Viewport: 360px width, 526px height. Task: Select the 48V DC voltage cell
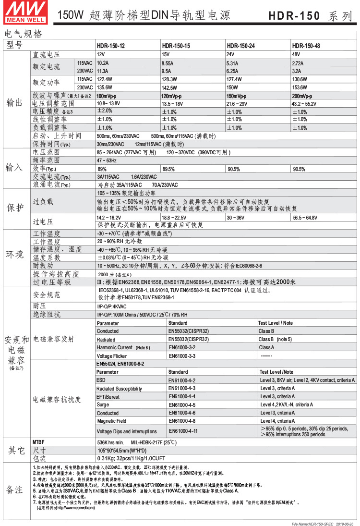[296, 54]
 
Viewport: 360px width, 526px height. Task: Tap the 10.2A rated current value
[103, 63]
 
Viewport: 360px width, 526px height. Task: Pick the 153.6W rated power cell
[300, 87]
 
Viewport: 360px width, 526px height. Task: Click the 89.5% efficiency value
[168, 169]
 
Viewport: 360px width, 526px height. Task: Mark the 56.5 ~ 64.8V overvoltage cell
[305, 218]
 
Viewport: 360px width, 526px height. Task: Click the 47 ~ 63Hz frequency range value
[107, 160]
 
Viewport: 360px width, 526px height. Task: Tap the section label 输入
[14, 168]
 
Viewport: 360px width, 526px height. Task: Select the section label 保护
[14, 208]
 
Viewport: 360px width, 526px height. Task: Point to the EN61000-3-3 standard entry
[182, 356]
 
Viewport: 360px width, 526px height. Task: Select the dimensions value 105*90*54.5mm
[120, 451]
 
